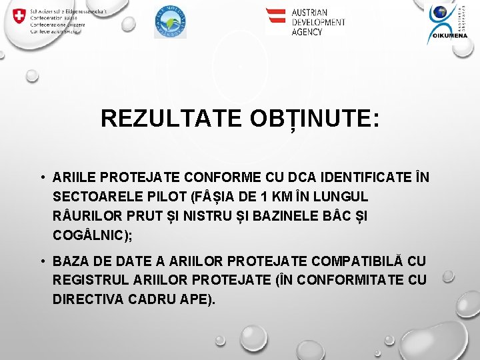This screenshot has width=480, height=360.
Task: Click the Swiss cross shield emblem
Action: [x=20, y=17]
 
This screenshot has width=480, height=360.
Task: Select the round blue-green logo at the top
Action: [x=170, y=21]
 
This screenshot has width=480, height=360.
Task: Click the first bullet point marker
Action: [x=41, y=178]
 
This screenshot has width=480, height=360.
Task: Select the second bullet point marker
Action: [x=41, y=260]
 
